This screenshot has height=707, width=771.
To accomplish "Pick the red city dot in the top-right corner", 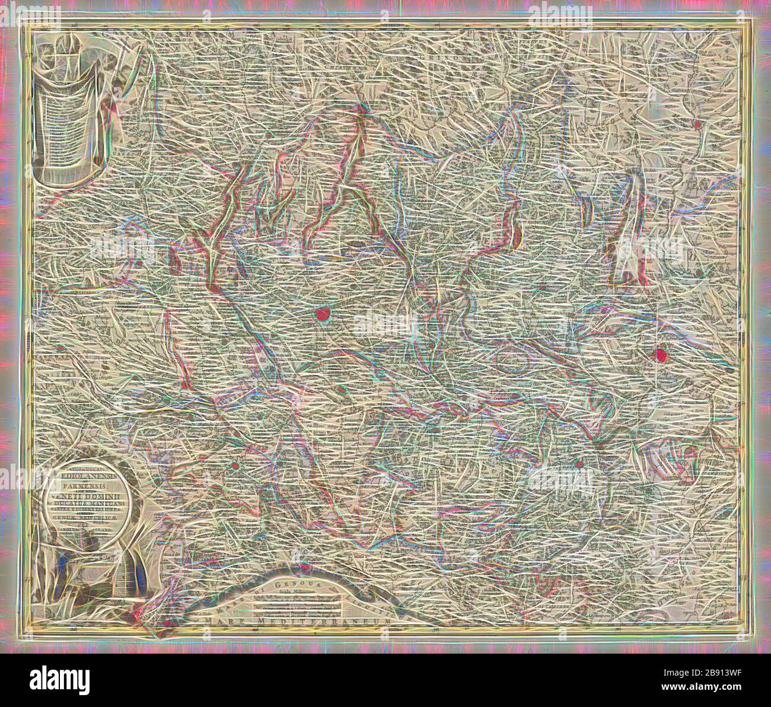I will click(x=697, y=125).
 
